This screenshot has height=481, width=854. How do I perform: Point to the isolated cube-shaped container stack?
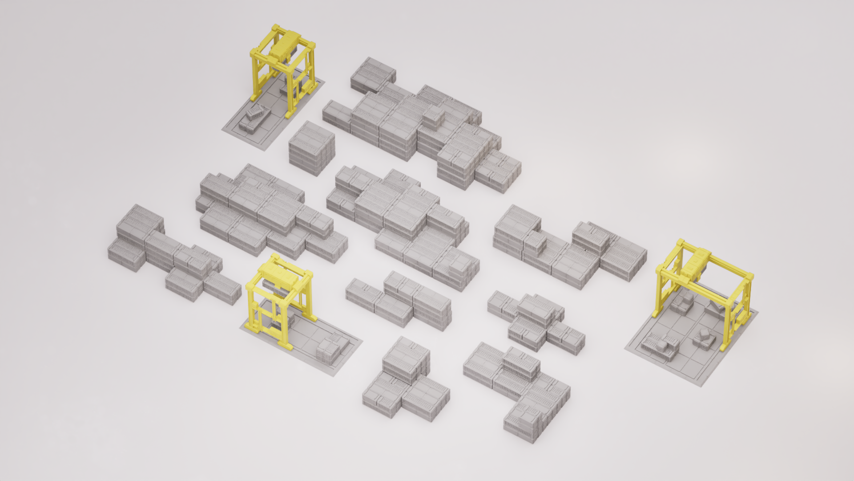click(311, 148)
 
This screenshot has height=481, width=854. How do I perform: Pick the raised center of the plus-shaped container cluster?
click(536, 307)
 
